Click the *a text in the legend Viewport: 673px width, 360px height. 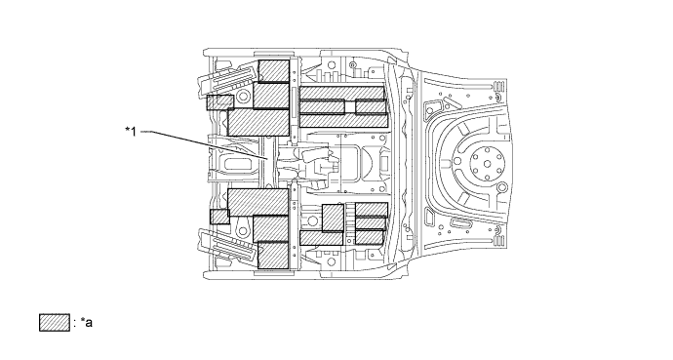(85, 321)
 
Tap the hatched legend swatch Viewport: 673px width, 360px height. (53, 321)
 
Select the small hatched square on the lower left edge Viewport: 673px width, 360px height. (218, 217)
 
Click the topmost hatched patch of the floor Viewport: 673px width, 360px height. (274, 71)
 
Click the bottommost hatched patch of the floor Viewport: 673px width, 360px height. (273, 256)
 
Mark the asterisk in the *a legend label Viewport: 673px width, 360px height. (81, 320)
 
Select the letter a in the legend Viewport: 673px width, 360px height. (88, 322)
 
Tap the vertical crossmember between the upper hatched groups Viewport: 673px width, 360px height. (295, 98)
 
